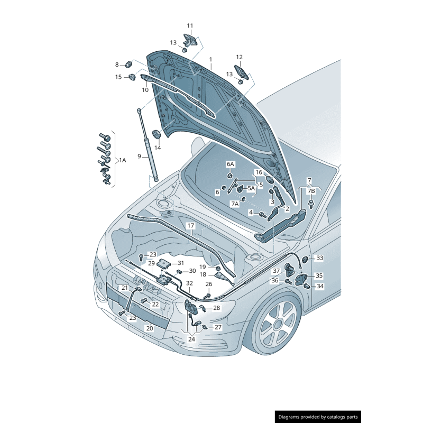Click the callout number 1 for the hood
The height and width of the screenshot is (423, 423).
(210, 59)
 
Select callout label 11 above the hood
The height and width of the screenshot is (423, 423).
(190, 25)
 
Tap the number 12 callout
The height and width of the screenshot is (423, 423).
(239, 57)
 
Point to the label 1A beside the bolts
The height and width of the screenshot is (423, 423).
(122, 160)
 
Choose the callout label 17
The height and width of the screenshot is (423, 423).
(190, 225)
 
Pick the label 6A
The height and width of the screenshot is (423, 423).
(231, 164)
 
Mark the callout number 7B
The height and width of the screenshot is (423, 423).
(311, 190)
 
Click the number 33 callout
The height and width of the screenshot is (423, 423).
(319, 258)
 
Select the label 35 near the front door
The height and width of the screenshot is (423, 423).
(319, 275)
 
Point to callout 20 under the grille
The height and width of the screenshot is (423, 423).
(149, 328)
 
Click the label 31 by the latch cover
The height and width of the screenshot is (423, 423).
(180, 263)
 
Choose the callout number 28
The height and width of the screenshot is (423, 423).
(216, 308)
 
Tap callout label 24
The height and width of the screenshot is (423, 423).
(191, 339)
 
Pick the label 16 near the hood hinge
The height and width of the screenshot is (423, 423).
(259, 172)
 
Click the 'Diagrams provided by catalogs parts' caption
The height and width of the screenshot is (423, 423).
(318, 417)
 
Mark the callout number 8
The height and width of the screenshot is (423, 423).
(117, 65)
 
